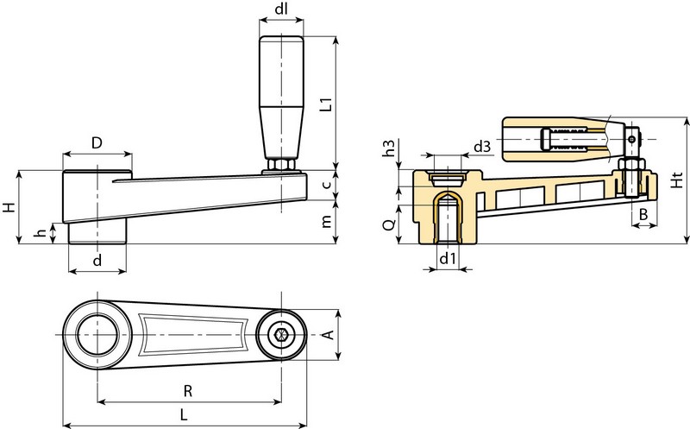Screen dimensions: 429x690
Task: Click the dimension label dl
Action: click(281, 12)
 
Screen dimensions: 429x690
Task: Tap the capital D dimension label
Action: click(97, 141)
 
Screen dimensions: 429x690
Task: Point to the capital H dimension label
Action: click(9, 208)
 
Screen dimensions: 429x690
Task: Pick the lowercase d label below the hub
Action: click(97, 259)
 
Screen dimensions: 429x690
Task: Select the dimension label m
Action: click(326, 223)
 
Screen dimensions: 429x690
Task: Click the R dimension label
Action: click(188, 390)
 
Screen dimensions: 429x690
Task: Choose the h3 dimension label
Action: click(388, 148)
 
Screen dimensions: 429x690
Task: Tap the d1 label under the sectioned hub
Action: click(446, 259)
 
